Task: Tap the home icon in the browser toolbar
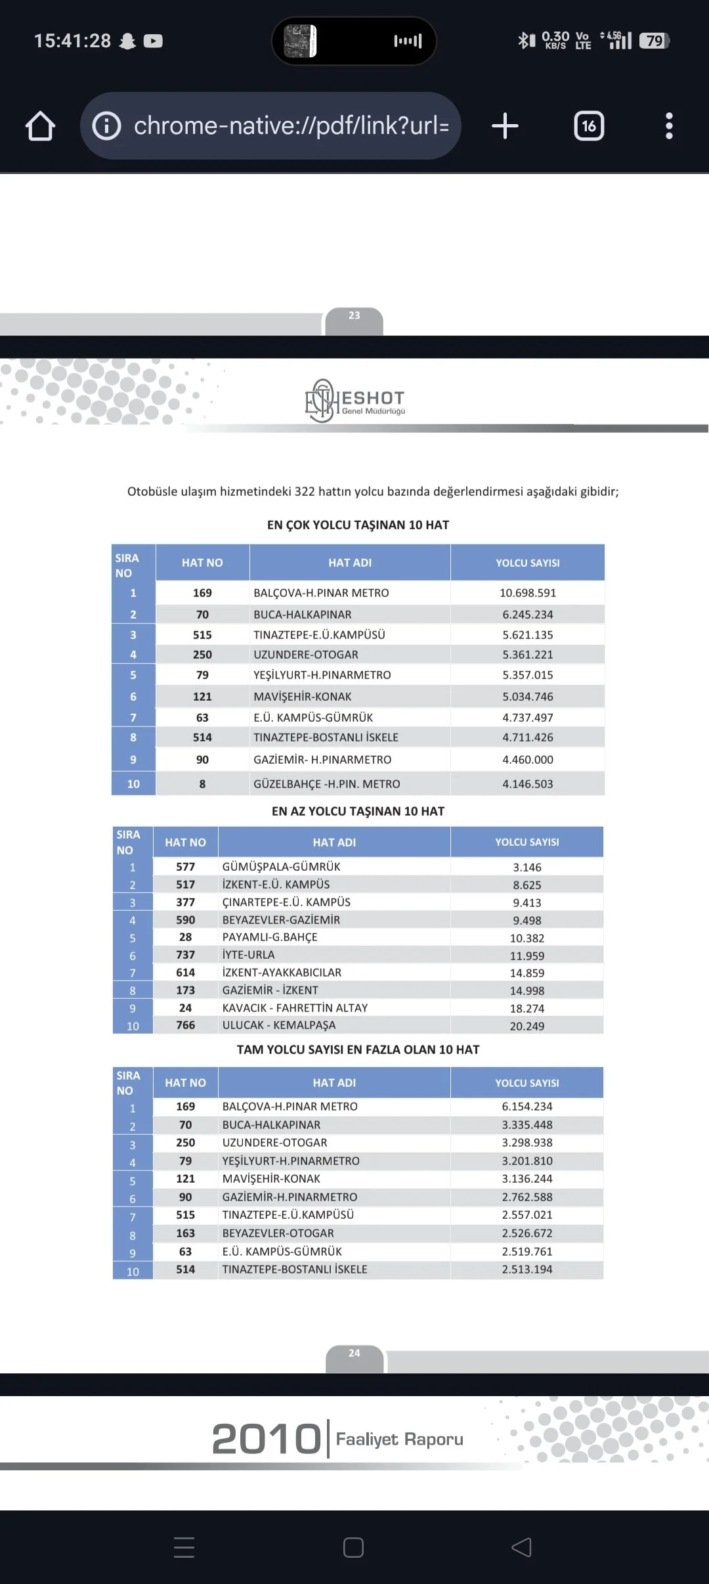click(40, 125)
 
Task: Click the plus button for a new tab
click(505, 125)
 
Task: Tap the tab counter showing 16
click(589, 125)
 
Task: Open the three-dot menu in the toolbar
click(669, 125)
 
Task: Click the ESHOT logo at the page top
click(355, 401)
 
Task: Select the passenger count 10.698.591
click(528, 593)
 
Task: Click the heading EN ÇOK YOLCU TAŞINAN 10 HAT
click(358, 525)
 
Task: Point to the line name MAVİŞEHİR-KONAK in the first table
click(303, 697)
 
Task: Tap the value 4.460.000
click(528, 760)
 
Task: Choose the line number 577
click(186, 867)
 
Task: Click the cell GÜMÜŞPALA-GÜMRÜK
click(282, 867)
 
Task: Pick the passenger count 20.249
click(527, 1026)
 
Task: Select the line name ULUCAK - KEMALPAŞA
click(279, 1025)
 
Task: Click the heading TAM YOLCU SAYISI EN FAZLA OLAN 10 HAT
click(358, 1049)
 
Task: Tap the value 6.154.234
click(527, 1107)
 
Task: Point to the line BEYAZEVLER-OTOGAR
click(278, 1233)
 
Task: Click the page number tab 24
click(354, 1353)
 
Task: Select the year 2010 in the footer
click(266, 1439)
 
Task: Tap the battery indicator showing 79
click(655, 41)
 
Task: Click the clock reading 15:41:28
click(73, 41)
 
